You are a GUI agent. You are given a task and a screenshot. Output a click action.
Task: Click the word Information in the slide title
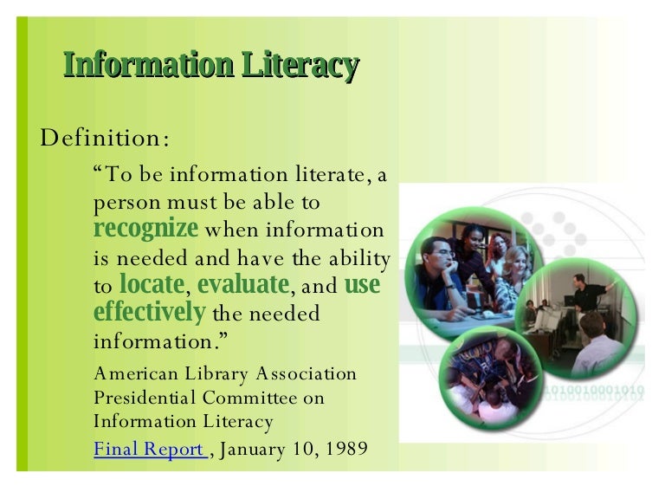click(x=146, y=66)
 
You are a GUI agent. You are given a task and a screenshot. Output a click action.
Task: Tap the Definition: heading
click(x=105, y=137)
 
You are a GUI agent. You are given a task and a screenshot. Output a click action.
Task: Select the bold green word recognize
click(x=145, y=230)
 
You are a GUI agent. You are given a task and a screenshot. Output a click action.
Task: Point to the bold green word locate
click(x=152, y=284)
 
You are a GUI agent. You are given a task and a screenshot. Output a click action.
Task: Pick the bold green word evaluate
click(x=242, y=284)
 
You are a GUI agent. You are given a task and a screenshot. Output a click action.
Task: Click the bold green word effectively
click(x=149, y=312)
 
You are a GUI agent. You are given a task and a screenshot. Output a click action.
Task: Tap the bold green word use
click(x=362, y=284)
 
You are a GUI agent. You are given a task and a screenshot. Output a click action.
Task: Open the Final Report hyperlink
click(x=149, y=450)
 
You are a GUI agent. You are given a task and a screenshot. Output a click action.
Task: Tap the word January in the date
click(x=256, y=450)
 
